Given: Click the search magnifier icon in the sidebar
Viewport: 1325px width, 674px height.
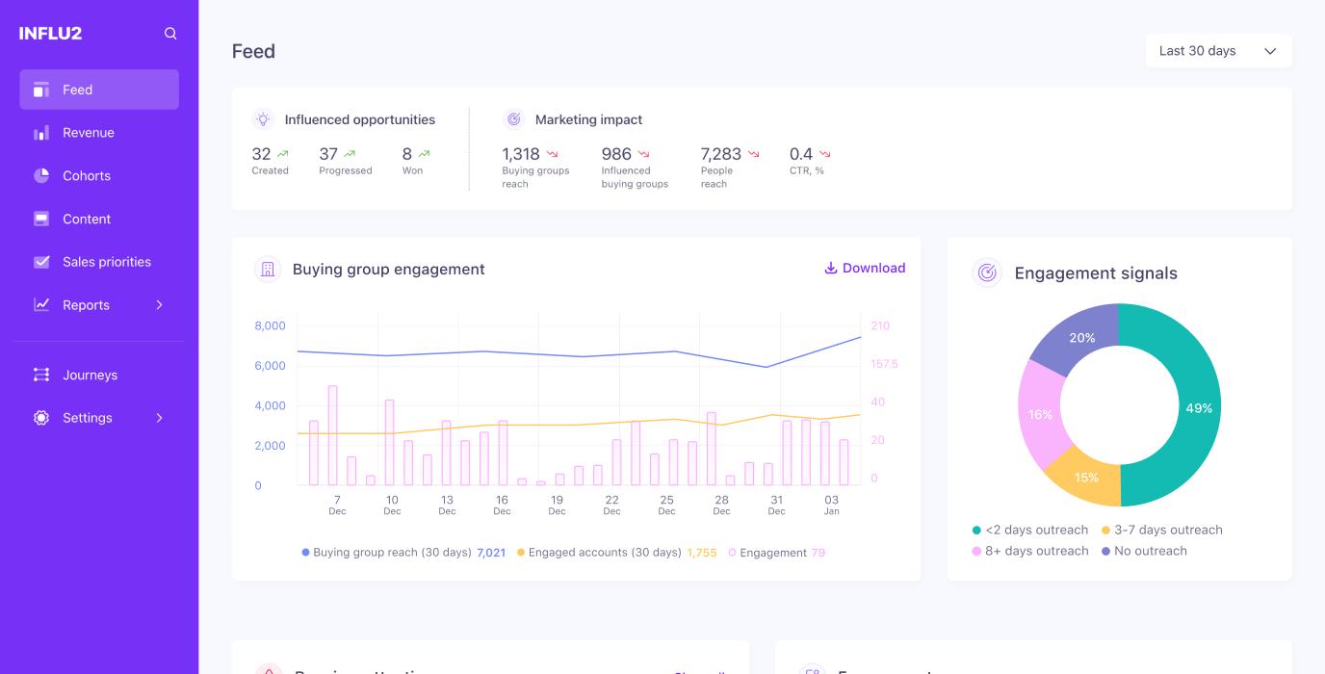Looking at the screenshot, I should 170,34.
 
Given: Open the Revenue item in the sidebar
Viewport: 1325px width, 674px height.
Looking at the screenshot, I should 88,133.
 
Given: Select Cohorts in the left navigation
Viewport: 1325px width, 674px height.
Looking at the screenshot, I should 86,176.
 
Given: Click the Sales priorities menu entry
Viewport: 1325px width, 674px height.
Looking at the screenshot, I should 106,262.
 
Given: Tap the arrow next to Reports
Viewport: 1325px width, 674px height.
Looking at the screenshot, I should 160,305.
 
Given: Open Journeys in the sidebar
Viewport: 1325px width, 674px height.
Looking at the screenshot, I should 90,376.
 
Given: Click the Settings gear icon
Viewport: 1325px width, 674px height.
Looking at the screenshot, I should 41,418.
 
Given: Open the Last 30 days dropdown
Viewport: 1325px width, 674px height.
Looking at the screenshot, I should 1217,51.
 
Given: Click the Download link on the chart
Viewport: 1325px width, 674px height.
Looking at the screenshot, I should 865,269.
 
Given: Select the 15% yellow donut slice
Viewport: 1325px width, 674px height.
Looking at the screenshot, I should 1086,478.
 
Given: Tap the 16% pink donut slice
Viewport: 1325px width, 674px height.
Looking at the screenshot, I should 1040,415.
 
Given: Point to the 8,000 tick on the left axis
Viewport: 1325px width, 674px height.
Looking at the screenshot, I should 270,326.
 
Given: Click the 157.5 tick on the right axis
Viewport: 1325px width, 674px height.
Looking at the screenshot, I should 884,364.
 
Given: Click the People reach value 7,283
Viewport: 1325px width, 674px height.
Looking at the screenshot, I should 720,154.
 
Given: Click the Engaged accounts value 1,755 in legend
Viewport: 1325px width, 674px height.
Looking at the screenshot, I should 701,554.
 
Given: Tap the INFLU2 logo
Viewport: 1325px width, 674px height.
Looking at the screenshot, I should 50,34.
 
